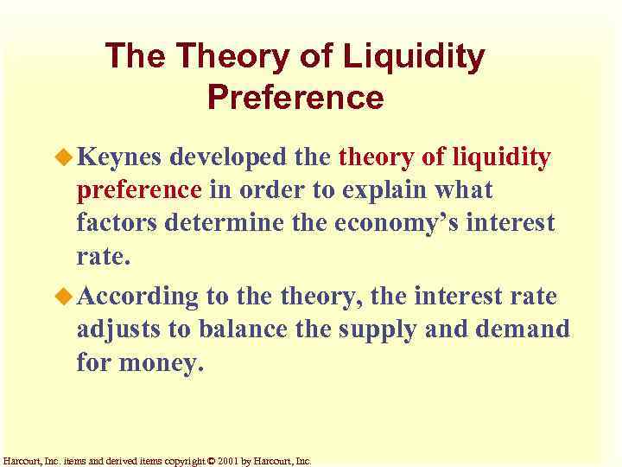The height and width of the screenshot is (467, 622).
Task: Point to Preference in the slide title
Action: click(x=295, y=98)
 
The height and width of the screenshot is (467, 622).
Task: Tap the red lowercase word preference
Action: click(x=138, y=189)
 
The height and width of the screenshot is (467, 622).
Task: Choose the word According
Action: click(x=138, y=297)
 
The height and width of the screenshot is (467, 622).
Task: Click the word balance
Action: click(x=246, y=329)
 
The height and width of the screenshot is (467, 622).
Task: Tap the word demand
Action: click(x=528, y=329)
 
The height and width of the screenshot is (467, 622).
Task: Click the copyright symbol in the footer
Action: click(x=211, y=461)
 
